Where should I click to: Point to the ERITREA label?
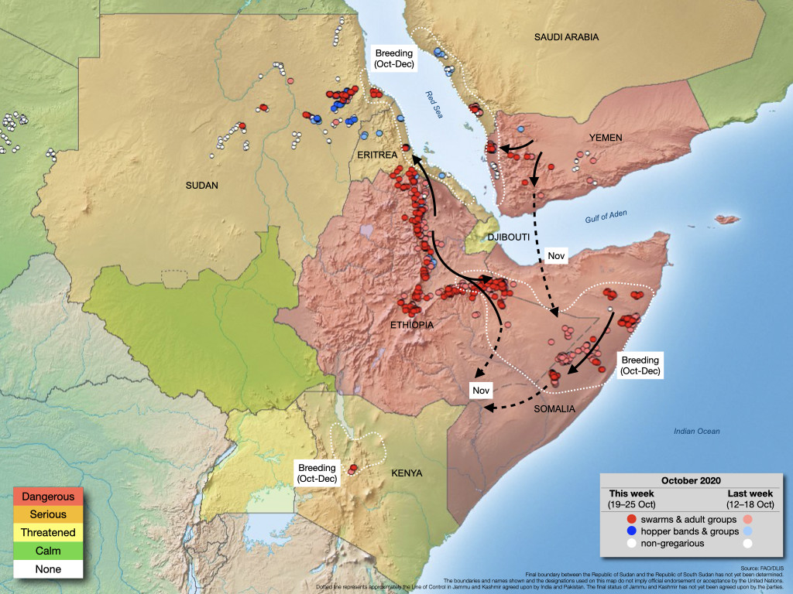click(376, 155)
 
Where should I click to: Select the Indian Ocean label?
click(696, 432)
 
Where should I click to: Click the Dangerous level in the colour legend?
click(48, 497)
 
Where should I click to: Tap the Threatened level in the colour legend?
click(48, 533)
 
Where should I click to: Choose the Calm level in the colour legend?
click(48, 551)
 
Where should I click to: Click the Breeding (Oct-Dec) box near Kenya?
click(318, 473)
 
